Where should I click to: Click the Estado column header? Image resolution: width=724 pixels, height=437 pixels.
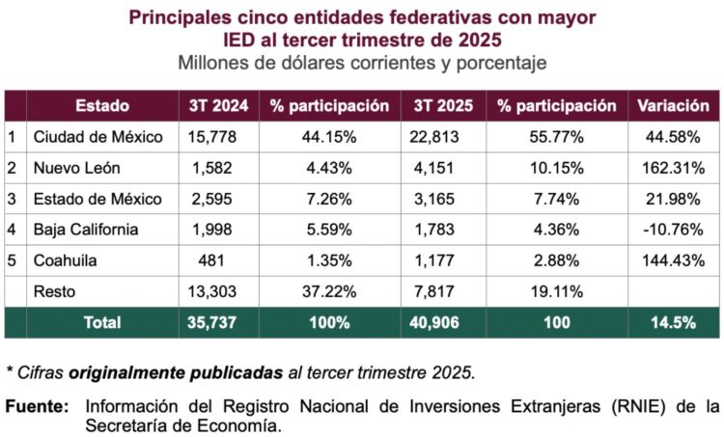[x=101, y=105]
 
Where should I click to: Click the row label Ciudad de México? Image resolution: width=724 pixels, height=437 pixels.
[x=97, y=137]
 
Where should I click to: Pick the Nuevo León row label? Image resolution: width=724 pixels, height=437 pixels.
[x=76, y=168]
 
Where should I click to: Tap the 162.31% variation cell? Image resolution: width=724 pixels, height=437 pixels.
[x=673, y=168]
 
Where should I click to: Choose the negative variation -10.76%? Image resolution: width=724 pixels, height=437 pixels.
[x=673, y=230]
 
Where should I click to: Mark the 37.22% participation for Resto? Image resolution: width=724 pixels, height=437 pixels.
[x=328, y=292]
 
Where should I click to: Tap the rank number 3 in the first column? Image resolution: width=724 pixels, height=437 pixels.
[x=13, y=199]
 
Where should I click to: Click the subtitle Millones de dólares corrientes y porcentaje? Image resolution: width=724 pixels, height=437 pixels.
[x=362, y=63]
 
